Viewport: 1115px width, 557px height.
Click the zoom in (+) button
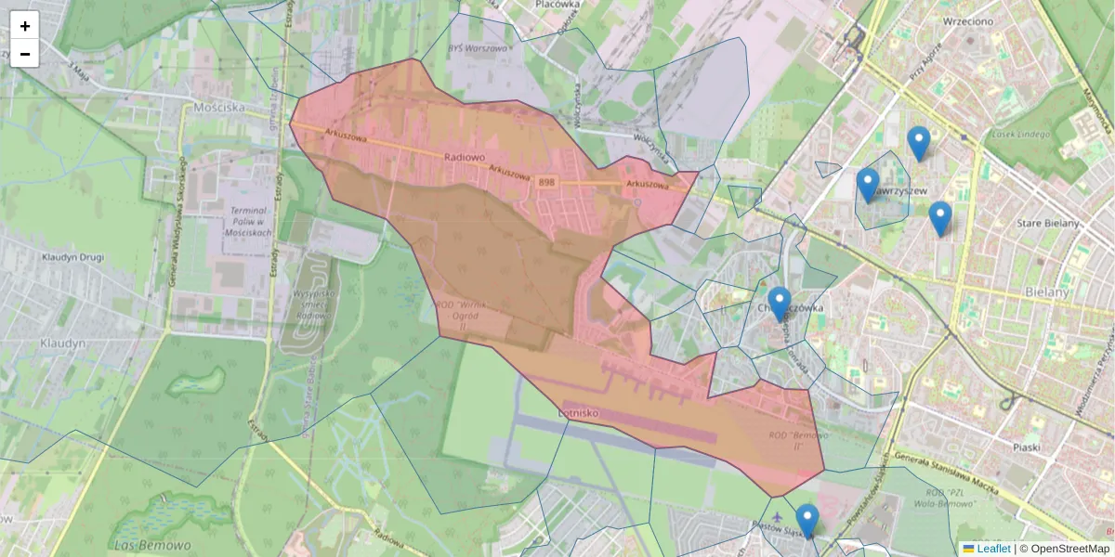click(25, 26)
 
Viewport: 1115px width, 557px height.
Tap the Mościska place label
click(219, 107)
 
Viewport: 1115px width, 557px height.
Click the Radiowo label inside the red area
click(466, 158)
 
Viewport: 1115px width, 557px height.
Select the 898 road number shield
click(546, 183)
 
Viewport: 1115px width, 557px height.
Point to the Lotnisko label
click(583, 410)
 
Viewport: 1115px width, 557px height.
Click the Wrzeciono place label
click(968, 20)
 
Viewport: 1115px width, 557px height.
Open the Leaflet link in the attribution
click(992, 549)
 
